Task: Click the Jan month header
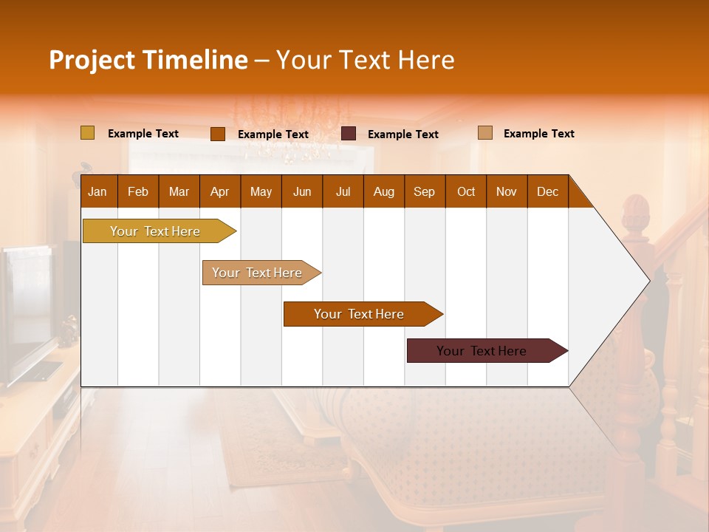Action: (97, 191)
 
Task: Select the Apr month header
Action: (219, 191)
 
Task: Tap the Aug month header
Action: (383, 191)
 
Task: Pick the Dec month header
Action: (547, 191)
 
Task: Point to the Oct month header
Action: (466, 191)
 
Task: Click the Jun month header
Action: (302, 191)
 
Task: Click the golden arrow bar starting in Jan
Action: (155, 231)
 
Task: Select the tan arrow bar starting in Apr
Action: (257, 273)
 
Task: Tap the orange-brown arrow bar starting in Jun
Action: (359, 314)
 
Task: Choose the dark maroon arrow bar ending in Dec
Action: (482, 351)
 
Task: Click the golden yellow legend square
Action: (87, 133)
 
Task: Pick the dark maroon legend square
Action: (349, 133)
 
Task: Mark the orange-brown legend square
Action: (217, 134)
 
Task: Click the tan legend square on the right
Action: (484, 133)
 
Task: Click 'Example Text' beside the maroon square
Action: (403, 134)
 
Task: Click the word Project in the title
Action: (92, 60)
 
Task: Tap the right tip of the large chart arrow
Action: (648, 280)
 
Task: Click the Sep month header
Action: (424, 191)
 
